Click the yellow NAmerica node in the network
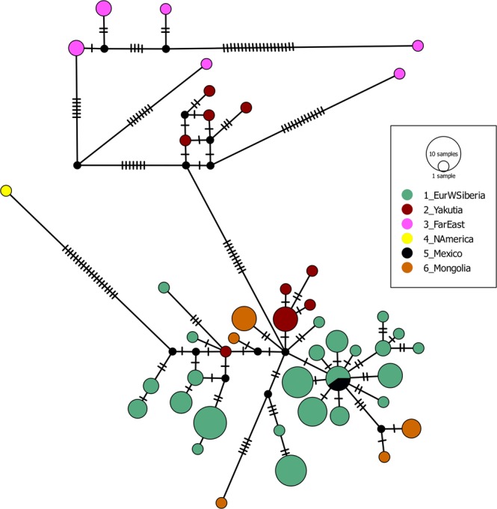coord(6,191)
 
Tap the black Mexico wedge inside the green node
coord(341,383)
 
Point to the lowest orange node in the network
coord(221,502)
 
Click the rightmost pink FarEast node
coord(419,46)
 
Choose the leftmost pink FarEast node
coord(75,48)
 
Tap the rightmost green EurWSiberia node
coord(419,348)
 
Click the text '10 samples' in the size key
coord(442,152)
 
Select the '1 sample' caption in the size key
coord(442,175)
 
